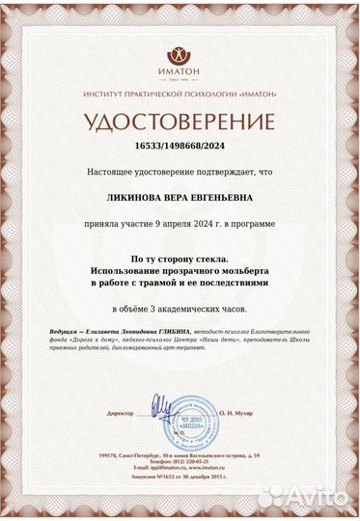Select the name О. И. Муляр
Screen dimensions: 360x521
point(234,413)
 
